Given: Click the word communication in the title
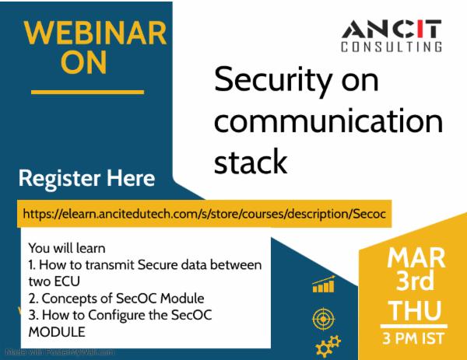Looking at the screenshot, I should [x=328, y=123].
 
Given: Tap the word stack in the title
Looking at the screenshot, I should [x=250, y=162].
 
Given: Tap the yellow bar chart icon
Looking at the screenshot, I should [x=321, y=285].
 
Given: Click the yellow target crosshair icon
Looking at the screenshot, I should [x=321, y=317].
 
